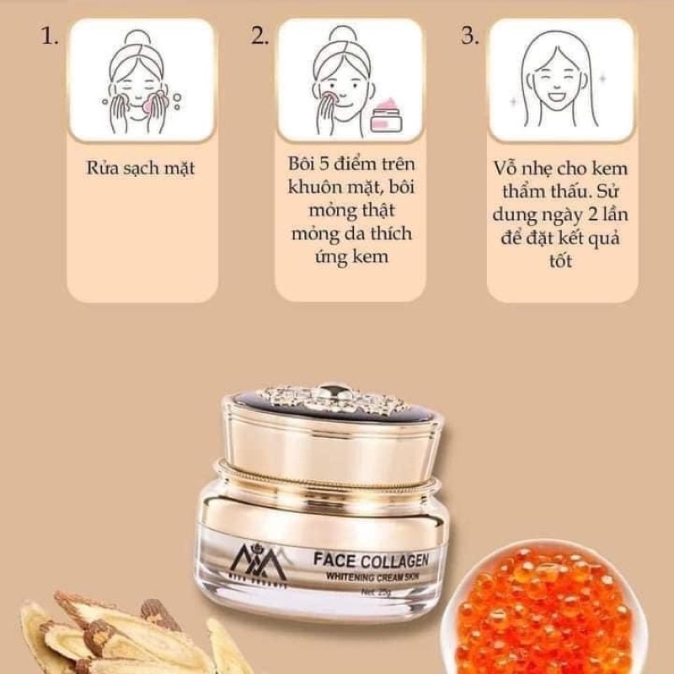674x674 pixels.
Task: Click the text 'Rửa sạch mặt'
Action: pyautogui.click(x=140, y=168)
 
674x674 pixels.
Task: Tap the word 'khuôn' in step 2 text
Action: pyautogui.click(x=314, y=189)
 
